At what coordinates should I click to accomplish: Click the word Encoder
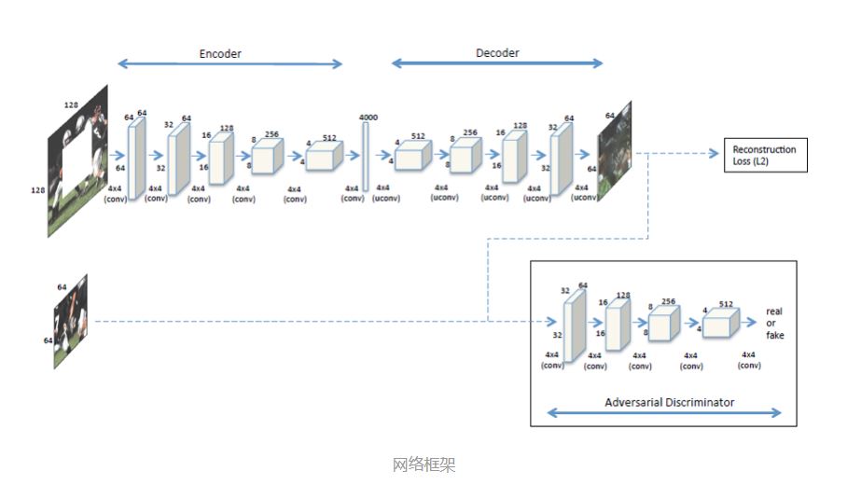tap(220, 53)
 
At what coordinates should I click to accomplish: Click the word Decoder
tap(497, 53)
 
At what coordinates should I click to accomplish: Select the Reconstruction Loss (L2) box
tap(764, 155)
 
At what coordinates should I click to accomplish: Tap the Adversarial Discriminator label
tap(669, 402)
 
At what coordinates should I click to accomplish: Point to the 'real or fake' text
tap(774, 323)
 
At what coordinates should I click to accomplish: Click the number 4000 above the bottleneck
tap(368, 117)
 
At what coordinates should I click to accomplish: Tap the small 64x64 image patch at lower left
tap(70, 320)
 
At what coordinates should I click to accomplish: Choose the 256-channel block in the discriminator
tap(662, 325)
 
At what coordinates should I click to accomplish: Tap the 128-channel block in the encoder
tap(220, 155)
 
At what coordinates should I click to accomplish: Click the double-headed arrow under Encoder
tap(229, 64)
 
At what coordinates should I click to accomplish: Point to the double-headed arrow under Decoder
tap(497, 63)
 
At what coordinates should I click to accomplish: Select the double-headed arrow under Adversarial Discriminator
tap(665, 412)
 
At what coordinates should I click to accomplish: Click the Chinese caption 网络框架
tap(423, 464)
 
